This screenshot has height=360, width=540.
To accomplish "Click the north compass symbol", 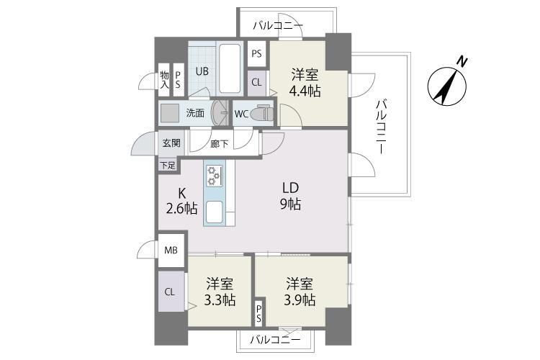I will point(447,84).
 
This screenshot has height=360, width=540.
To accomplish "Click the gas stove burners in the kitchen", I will point(215,176).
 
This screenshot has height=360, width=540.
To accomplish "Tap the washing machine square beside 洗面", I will point(171,113).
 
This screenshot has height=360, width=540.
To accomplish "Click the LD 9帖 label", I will point(291,196).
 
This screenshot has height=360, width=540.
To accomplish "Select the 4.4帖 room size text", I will point(305,91).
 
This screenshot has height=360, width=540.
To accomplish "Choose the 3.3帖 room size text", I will point(220,300).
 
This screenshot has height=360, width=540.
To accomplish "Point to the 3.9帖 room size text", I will point(300,300).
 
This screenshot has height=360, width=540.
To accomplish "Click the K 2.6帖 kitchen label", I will point(181,201).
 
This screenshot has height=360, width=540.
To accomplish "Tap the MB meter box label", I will point(171,251).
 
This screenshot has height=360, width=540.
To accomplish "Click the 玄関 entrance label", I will point(171,143).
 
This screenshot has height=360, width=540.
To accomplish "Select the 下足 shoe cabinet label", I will point(167,165).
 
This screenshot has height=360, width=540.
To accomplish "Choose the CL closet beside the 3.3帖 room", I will point(170,292).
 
